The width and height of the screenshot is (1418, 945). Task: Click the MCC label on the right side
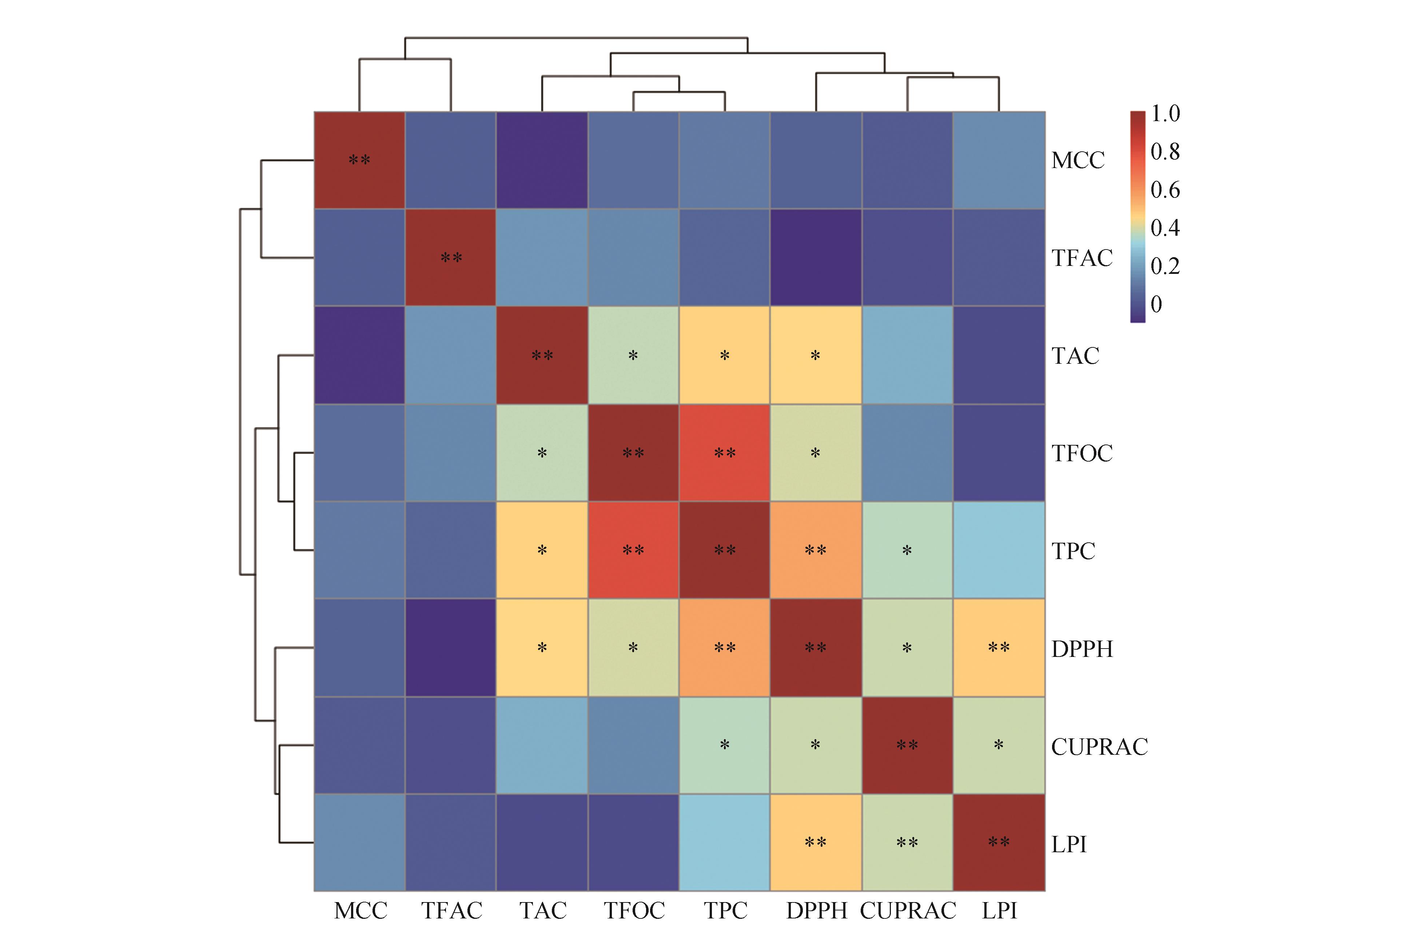pyautogui.click(x=1078, y=160)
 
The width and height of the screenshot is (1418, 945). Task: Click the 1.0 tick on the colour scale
pyautogui.click(x=1165, y=113)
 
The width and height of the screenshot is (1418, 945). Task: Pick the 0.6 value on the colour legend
pyautogui.click(x=1165, y=190)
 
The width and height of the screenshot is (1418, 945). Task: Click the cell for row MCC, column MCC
pyautogui.click(x=360, y=160)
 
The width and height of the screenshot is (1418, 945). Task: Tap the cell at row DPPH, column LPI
pyautogui.click(x=999, y=648)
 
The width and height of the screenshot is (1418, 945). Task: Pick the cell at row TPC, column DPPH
pyautogui.click(x=815, y=550)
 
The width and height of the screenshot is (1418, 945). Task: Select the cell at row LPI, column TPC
pyautogui.click(x=724, y=842)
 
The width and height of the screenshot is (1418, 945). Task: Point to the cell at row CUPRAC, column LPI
pyautogui.click(x=999, y=746)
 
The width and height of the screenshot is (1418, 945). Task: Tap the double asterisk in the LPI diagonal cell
pyautogui.click(x=999, y=842)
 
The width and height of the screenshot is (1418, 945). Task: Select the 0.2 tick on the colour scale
pyautogui.click(x=1165, y=266)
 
